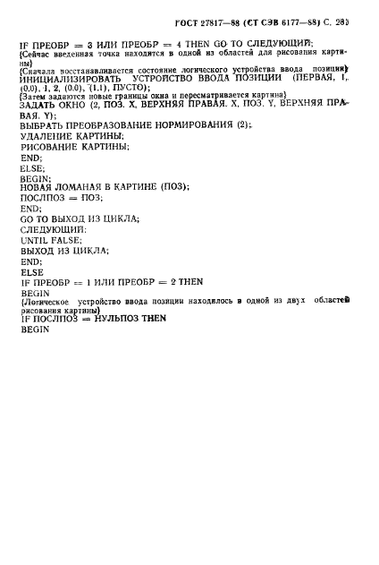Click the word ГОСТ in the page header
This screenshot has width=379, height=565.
tap(186, 23)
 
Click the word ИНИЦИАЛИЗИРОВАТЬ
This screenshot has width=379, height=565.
tap(70, 79)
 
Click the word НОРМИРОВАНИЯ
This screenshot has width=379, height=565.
tap(194, 125)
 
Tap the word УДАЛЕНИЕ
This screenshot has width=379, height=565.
tap(46, 136)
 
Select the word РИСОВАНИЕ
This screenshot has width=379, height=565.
tap(49, 147)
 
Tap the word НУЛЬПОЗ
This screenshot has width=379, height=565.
tap(117, 319)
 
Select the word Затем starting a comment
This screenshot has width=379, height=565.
tap(31, 97)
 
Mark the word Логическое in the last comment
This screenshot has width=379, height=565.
tap(45, 302)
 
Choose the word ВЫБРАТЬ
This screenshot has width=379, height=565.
tap(41, 125)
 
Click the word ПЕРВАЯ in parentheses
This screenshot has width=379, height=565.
tap(315, 78)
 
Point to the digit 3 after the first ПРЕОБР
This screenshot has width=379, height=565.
tap(90, 46)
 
